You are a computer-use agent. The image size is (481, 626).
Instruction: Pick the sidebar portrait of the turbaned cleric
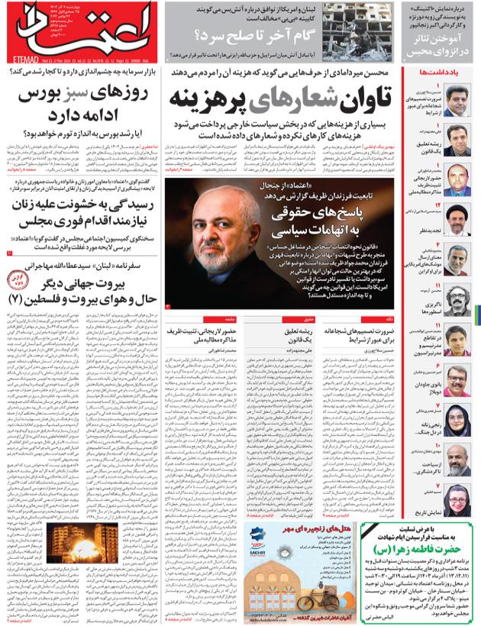[457, 219]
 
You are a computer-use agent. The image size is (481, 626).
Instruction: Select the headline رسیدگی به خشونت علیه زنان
[84, 209]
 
